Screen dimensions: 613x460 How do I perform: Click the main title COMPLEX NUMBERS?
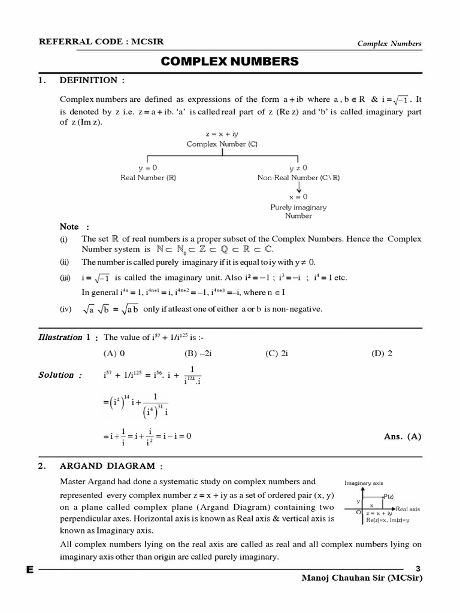click(230, 61)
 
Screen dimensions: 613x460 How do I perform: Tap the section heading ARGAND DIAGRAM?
click(111, 465)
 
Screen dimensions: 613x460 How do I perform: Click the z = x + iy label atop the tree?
click(224, 135)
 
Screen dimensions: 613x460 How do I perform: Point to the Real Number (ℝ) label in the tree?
click(148, 177)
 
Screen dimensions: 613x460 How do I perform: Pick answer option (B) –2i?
click(198, 353)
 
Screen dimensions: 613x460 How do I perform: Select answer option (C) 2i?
click(277, 353)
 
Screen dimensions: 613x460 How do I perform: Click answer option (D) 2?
click(382, 353)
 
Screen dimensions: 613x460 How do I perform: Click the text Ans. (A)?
click(402, 436)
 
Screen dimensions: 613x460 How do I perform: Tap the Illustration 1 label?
click(64, 337)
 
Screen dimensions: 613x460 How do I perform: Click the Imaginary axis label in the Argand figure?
click(364, 482)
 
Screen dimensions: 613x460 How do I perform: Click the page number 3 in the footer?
click(418, 568)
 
